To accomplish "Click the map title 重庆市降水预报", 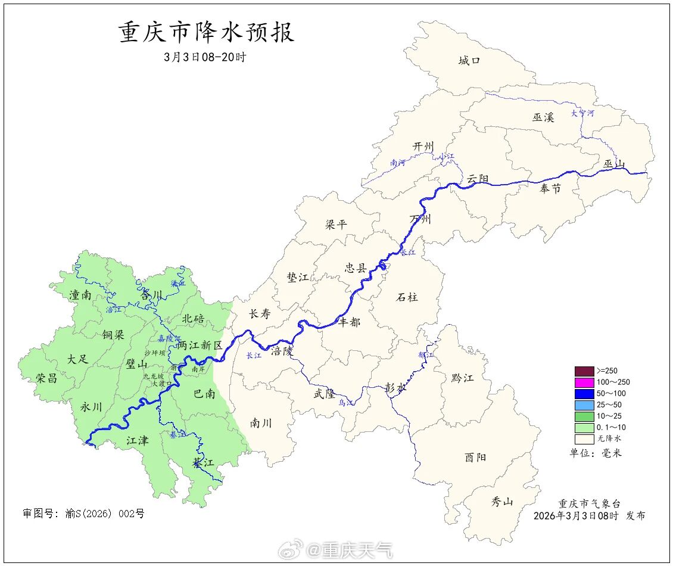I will pyautogui.click(x=207, y=33).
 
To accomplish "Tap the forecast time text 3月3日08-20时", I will pyautogui.click(x=204, y=58).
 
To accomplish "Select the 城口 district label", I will pyautogui.click(x=469, y=60).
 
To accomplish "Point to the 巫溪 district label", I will pyautogui.click(x=543, y=117).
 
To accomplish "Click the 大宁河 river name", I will pyautogui.click(x=582, y=113).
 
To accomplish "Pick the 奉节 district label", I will pyautogui.click(x=550, y=189).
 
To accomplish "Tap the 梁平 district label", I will pyautogui.click(x=336, y=225).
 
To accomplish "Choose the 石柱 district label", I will pyautogui.click(x=407, y=297).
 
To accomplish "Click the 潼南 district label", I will pyautogui.click(x=80, y=295).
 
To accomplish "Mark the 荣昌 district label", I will pyautogui.click(x=46, y=378).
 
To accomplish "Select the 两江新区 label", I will pyautogui.click(x=200, y=346).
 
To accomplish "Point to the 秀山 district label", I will pyautogui.click(x=501, y=502).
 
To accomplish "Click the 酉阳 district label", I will pyautogui.click(x=475, y=458).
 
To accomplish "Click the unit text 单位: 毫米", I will pyautogui.click(x=595, y=453).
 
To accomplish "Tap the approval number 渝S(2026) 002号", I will pyautogui.click(x=83, y=514).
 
